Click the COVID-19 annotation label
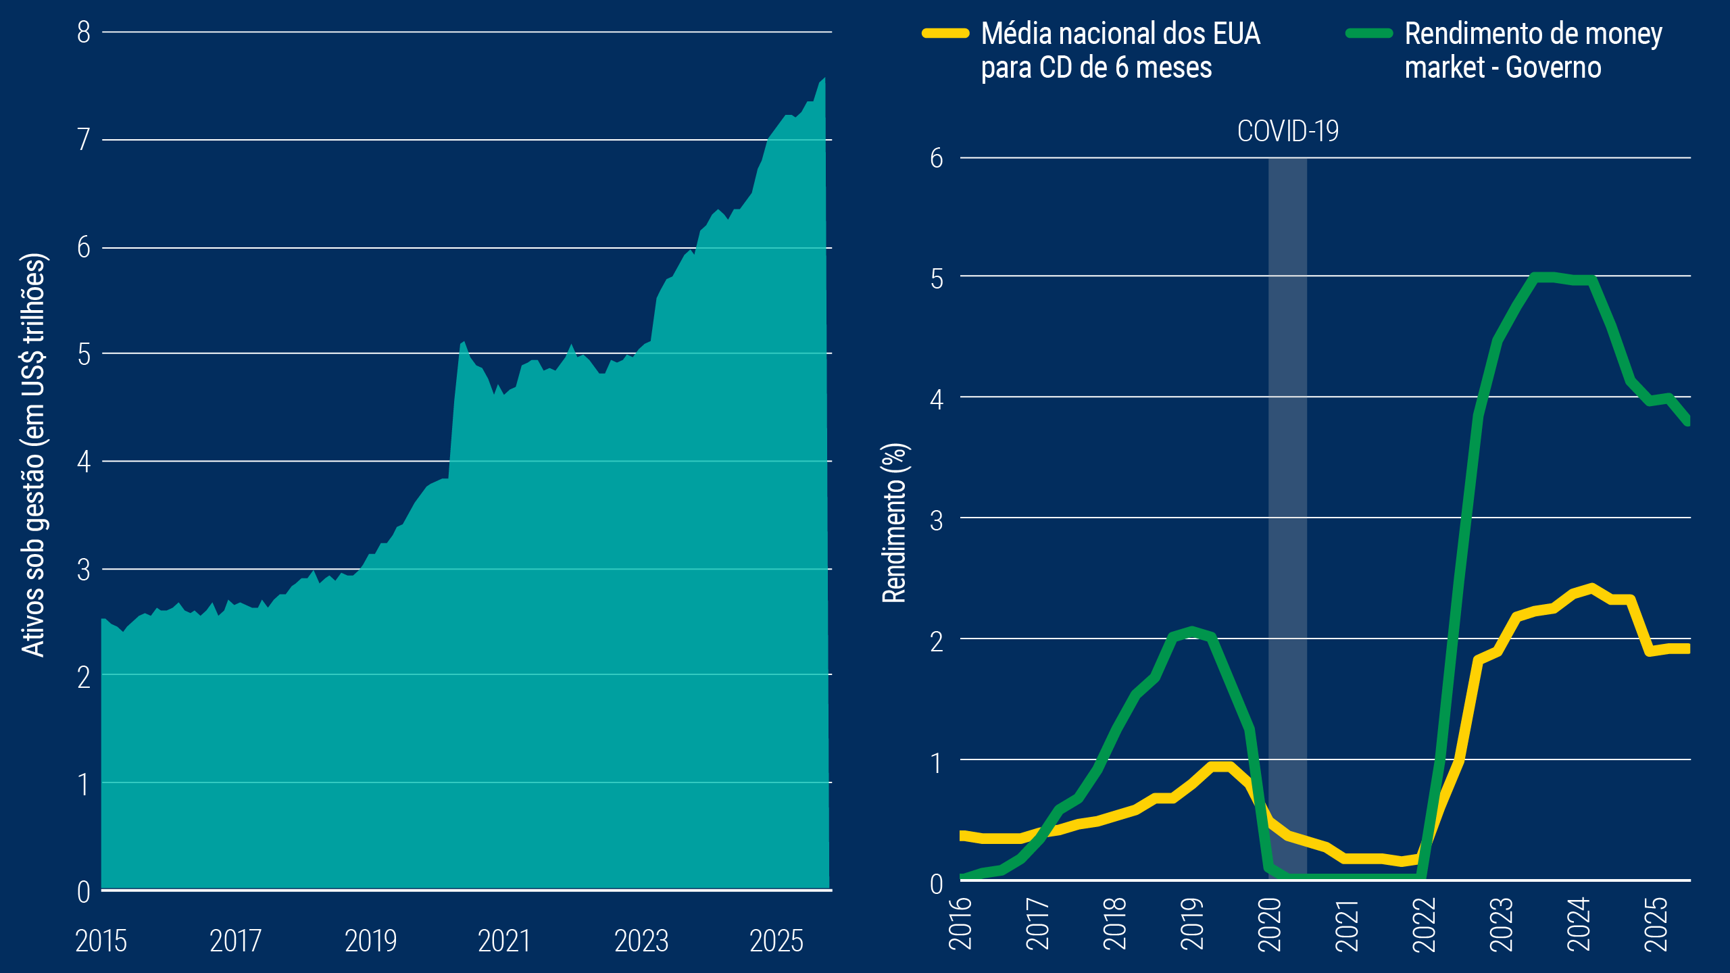pyautogui.click(x=1287, y=131)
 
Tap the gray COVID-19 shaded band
pyautogui.click(x=1287, y=514)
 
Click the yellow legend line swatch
pyautogui.click(x=946, y=33)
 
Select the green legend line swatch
pyautogui.click(x=1369, y=33)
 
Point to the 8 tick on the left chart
pyautogui.click(x=84, y=32)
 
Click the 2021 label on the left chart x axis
pyautogui.click(x=504, y=941)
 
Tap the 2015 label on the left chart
pyautogui.click(x=101, y=941)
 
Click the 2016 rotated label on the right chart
pyautogui.click(x=960, y=923)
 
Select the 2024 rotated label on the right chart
pyautogui.click(x=1579, y=923)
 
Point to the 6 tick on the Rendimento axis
pyautogui.click(x=936, y=158)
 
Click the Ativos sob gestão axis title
pyautogui.click(x=33, y=454)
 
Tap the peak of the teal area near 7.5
pyautogui.click(x=824, y=79)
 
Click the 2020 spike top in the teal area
pyautogui.click(x=464, y=342)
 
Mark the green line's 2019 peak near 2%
pyautogui.click(x=1193, y=630)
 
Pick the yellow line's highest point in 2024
pyautogui.click(x=1593, y=588)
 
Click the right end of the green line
pyautogui.click(x=1687, y=420)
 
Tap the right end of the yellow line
pyautogui.click(x=1687, y=648)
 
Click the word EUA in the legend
pyautogui.click(x=1236, y=34)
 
